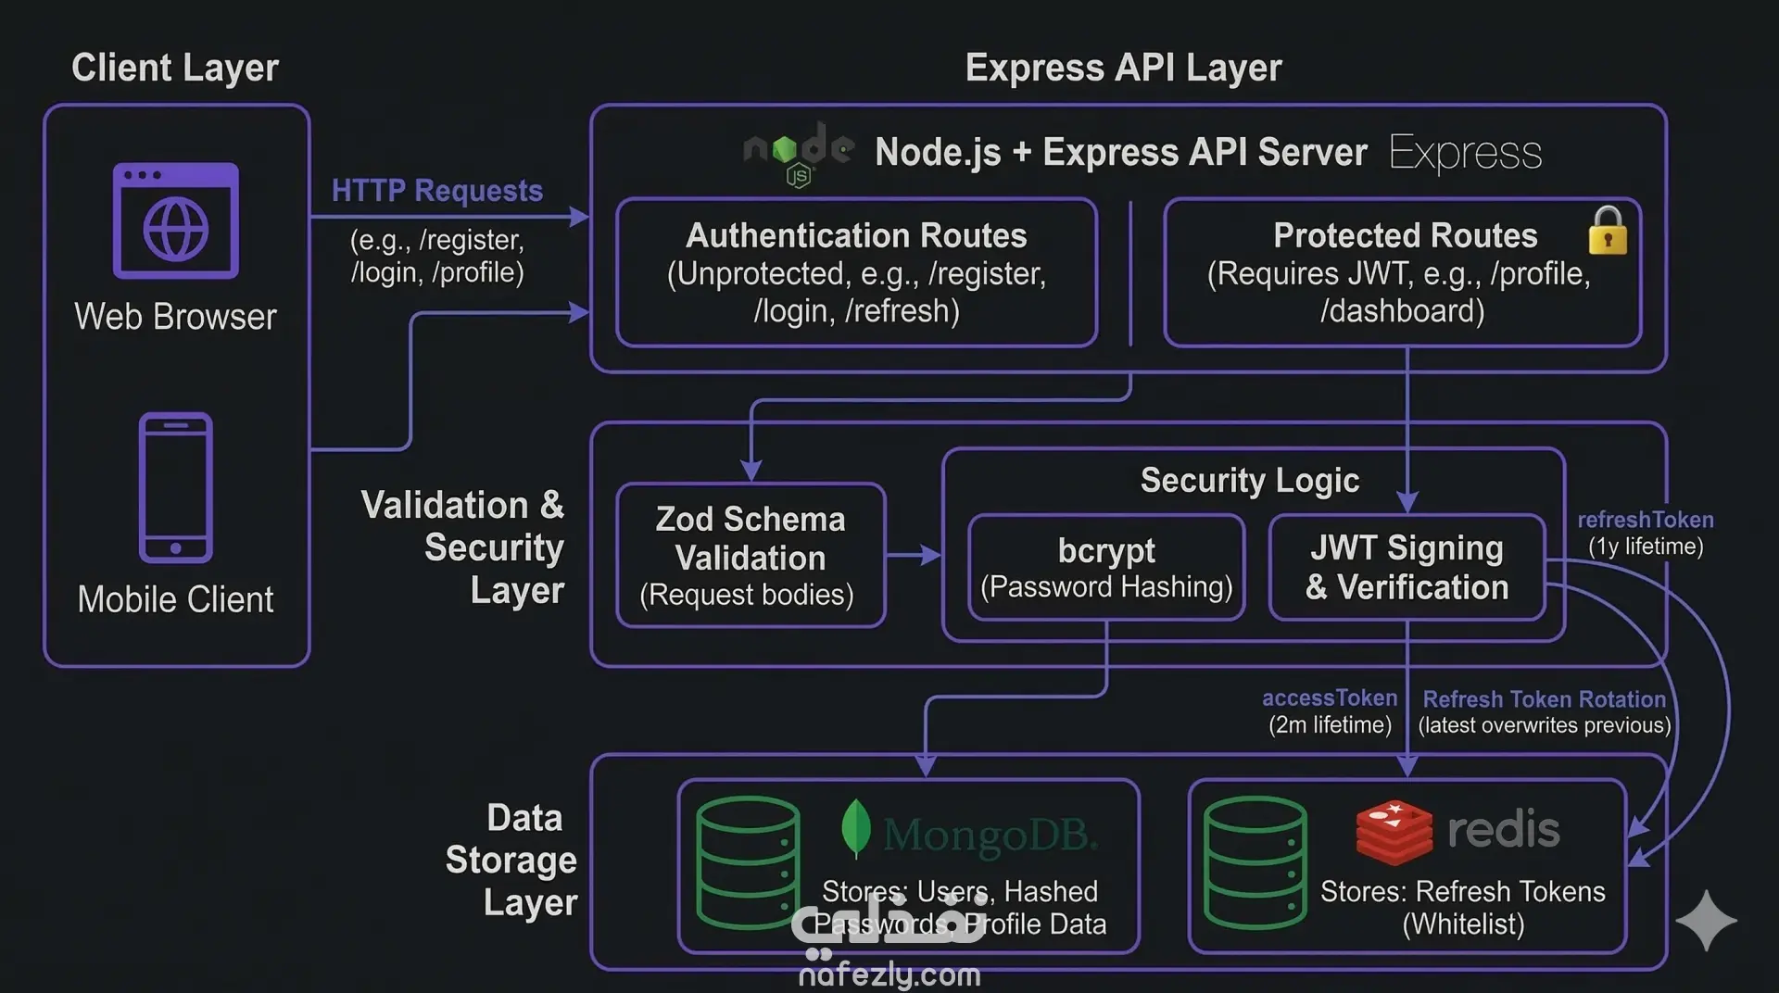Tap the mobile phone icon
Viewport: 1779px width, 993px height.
[x=176, y=487]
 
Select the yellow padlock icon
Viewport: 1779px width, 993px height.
[x=1608, y=231]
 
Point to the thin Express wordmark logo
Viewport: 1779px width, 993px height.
[x=1465, y=153]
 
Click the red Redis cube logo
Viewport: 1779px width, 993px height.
[x=1394, y=830]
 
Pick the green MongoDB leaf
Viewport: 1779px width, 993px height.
[x=855, y=828]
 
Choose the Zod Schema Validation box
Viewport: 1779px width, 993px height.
[x=751, y=555]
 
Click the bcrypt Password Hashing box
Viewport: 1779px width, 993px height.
[x=1106, y=567]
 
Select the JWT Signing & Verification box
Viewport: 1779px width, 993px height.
[x=1407, y=567]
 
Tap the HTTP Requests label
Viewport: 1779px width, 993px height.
[x=437, y=191]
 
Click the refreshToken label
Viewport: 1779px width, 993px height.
[x=1646, y=520]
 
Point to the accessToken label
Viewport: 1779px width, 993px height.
[x=1330, y=698]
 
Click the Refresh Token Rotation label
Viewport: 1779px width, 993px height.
[x=1544, y=699]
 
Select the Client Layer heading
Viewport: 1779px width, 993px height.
[x=175, y=68]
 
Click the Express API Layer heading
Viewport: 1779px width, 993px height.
[x=1123, y=68]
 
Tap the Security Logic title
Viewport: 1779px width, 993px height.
[x=1249, y=480]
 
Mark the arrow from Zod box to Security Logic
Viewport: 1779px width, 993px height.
[x=914, y=555]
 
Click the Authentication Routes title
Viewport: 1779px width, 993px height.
[x=856, y=235]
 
